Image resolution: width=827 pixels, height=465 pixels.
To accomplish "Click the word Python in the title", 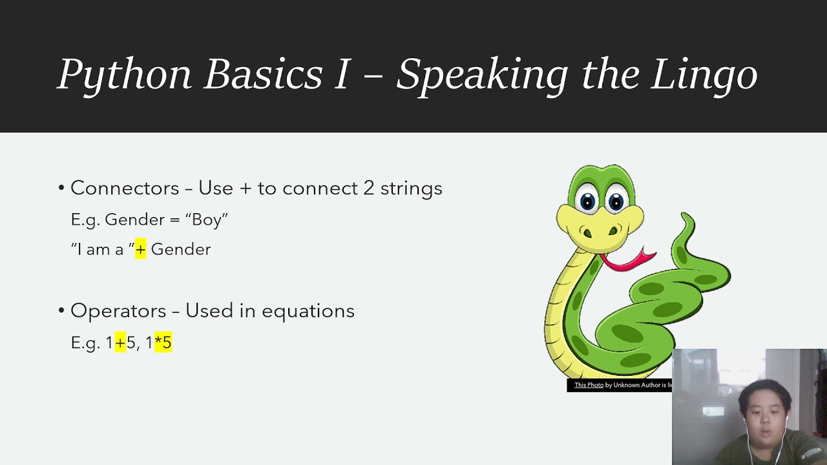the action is coord(124,76).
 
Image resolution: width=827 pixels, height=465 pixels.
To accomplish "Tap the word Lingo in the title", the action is coord(704,76).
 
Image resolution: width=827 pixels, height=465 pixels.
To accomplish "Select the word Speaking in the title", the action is coord(482,76).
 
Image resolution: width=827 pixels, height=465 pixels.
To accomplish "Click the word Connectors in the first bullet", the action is coord(125,188).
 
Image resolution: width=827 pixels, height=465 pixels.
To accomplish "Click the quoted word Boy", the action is coord(207,220).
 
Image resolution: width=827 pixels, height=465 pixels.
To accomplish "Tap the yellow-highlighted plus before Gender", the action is coord(141,249).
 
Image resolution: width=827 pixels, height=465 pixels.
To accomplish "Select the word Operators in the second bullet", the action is coord(118,311).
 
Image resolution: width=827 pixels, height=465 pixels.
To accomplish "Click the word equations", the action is coord(308,311).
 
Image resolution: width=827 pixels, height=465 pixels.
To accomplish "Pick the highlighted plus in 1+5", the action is coord(120,342).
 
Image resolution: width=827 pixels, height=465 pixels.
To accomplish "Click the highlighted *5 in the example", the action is coord(163,342).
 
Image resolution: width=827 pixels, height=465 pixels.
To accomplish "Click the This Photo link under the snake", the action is coord(589,385).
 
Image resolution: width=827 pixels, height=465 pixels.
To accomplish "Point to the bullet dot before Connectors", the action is coord(61,188).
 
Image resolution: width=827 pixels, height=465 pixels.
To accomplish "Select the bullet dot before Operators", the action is coord(61,311).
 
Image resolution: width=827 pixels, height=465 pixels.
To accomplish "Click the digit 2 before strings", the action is coord(369,188).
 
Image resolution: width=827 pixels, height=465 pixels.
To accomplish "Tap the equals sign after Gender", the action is coord(174,220).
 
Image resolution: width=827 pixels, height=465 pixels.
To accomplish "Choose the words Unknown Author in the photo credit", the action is coord(640,385).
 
